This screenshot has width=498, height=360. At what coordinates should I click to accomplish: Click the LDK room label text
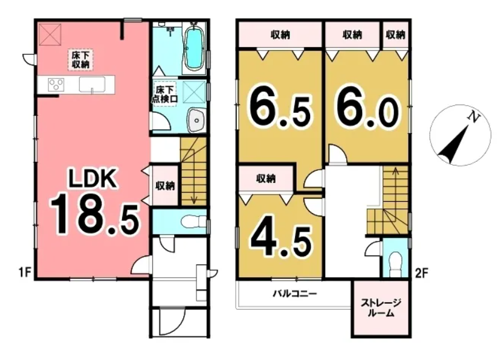click(92, 179)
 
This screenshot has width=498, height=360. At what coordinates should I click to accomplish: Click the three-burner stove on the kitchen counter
click(56, 85)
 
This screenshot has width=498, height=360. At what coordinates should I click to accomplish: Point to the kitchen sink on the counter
click(92, 85)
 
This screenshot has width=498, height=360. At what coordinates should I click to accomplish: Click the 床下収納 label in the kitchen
click(80, 60)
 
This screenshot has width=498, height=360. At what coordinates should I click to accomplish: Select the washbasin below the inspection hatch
click(197, 121)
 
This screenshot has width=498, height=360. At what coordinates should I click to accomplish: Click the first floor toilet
click(193, 222)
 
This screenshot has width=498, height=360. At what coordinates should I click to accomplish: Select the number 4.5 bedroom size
click(281, 241)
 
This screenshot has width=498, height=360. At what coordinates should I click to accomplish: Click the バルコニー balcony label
click(295, 294)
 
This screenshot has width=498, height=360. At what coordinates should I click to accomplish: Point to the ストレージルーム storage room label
click(381, 308)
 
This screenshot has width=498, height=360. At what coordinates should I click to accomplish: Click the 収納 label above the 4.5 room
click(266, 179)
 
